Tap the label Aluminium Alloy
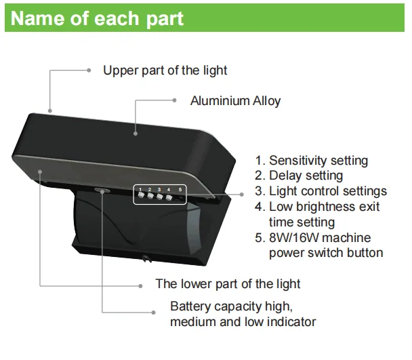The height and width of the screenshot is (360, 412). coord(235,101)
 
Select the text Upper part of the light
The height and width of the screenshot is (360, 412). coord(165,70)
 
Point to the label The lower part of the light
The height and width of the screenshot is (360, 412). coord(228,283)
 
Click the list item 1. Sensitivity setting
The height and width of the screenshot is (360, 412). coord(311,161)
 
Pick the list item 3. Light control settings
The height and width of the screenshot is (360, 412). coord(321,191)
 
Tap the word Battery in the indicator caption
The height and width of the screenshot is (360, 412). coord(190,306)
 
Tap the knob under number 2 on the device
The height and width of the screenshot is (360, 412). coord(150,197)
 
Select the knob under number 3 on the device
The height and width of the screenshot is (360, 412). coord(160,198)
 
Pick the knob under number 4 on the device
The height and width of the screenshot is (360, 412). coord(169,199)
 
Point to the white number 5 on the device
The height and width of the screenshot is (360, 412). coord(180,188)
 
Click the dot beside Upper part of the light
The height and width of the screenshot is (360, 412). coord(88,70)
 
